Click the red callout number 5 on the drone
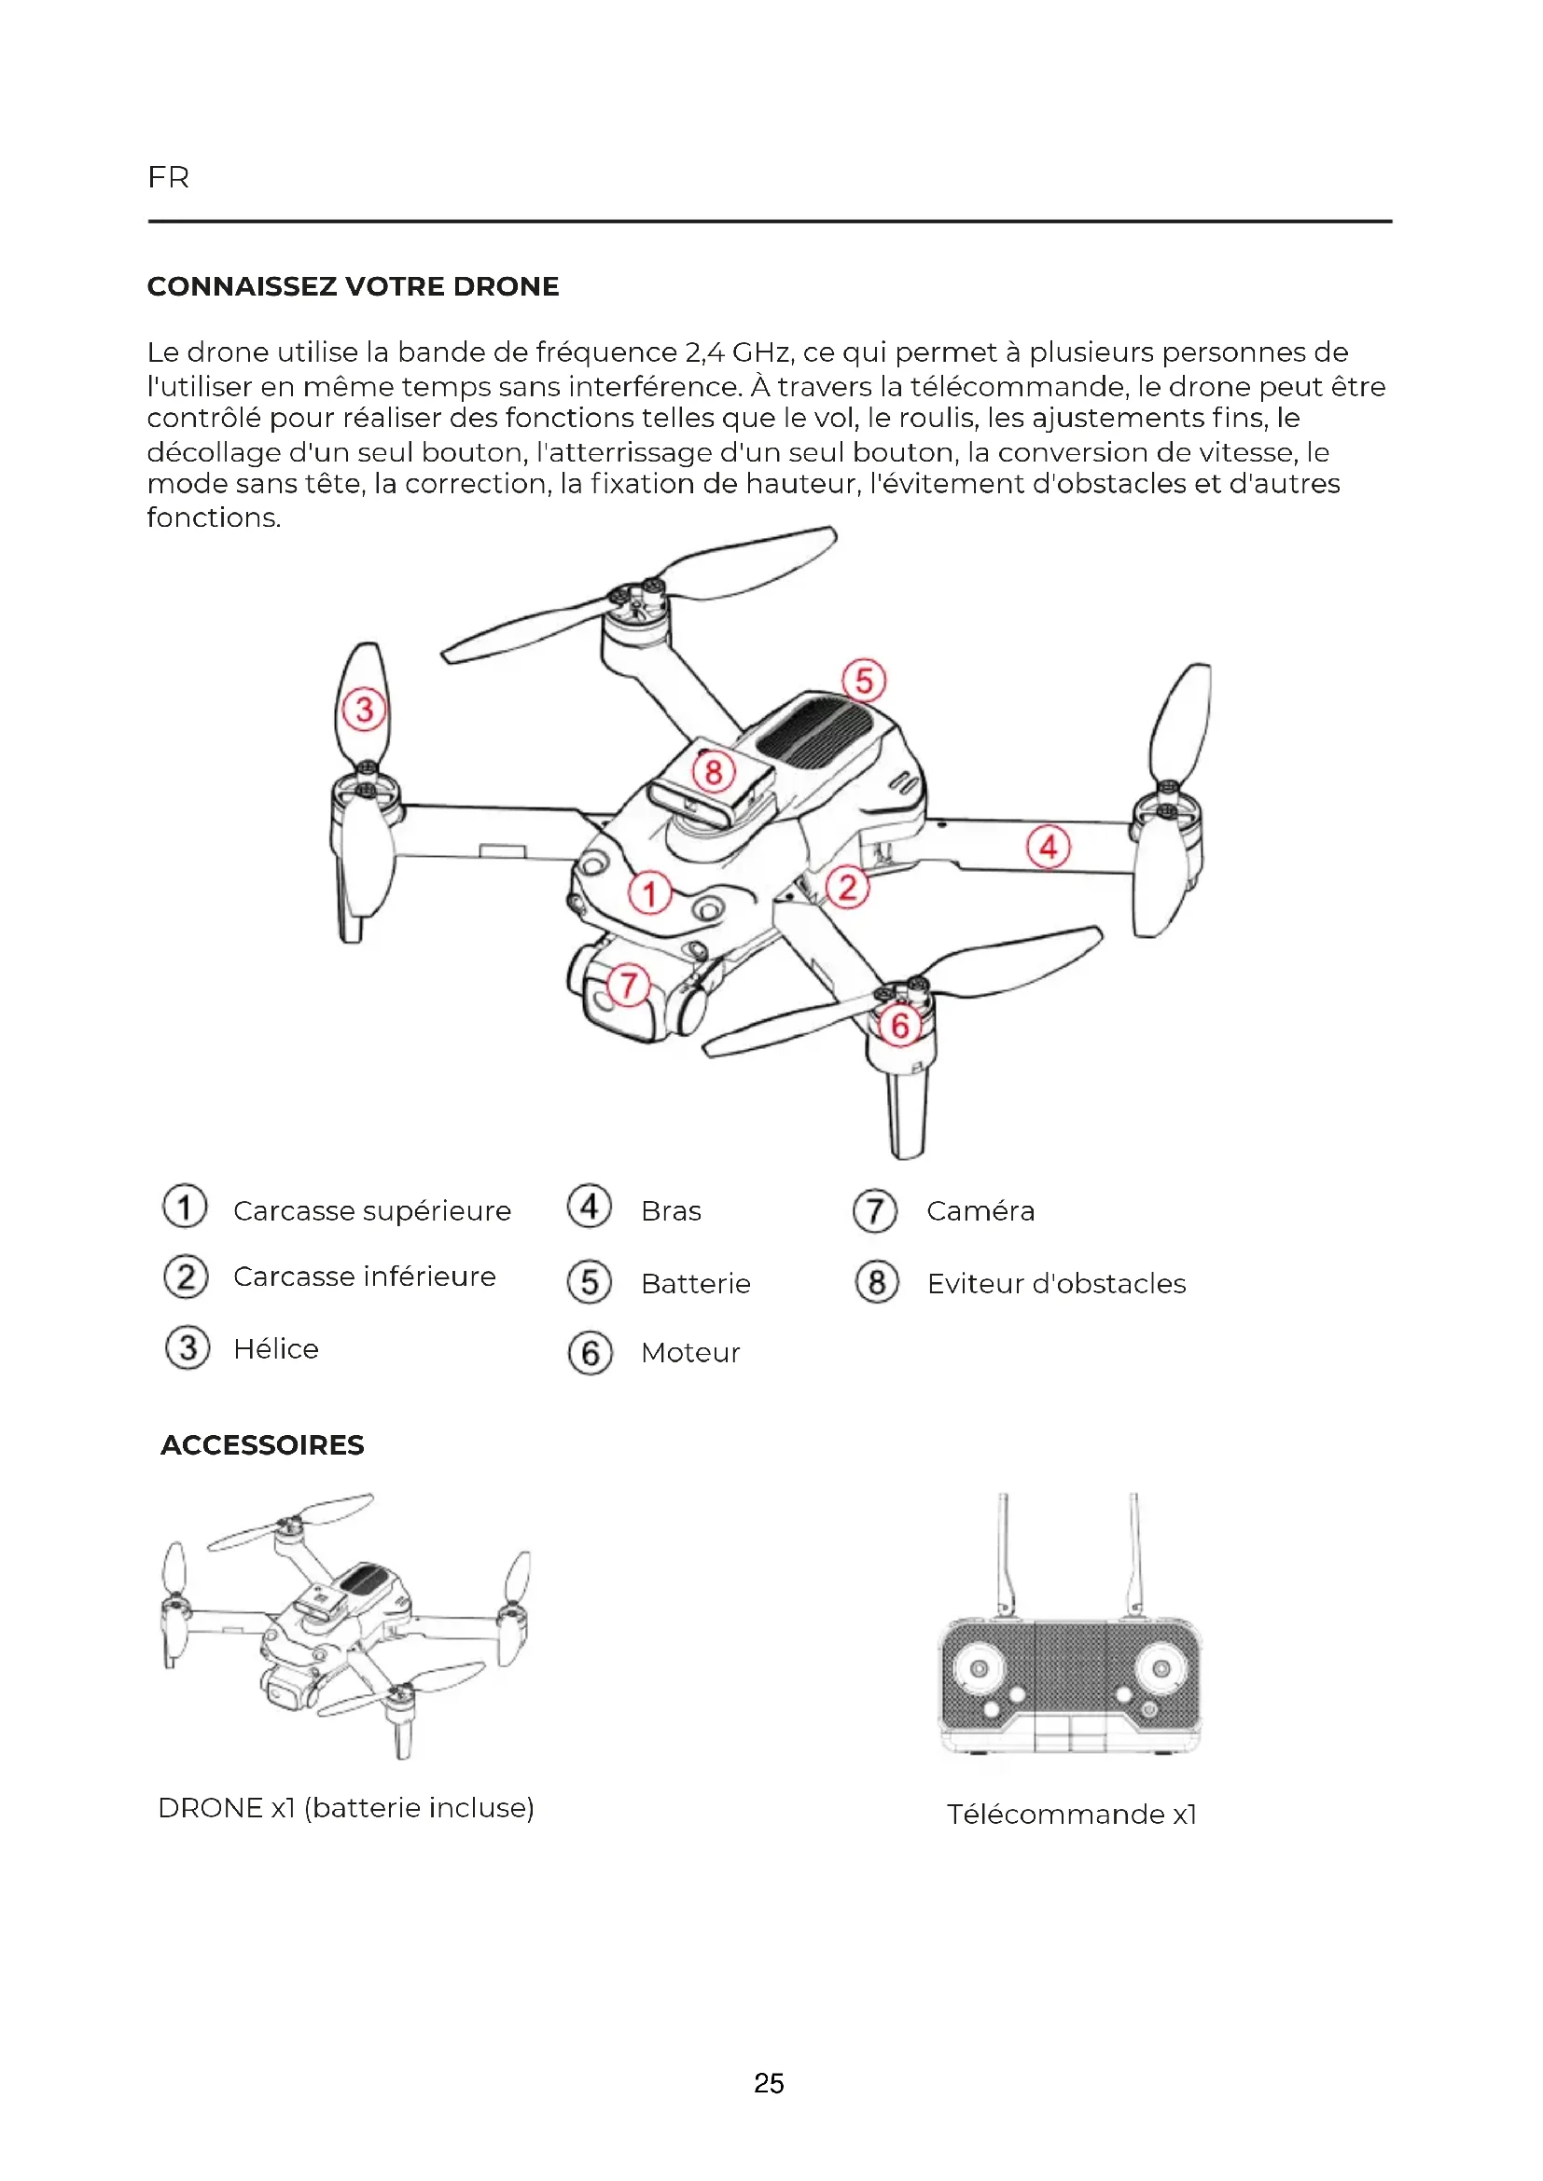click(864, 681)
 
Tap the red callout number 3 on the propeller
click(364, 710)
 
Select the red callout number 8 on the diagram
click(714, 771)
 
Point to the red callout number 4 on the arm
click(1048, 847)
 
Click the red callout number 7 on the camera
click(628, 985)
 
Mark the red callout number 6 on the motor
click(899, 1026)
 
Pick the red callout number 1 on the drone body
click(650, 894)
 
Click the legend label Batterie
click(696, 1283)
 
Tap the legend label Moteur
click(689, 1353)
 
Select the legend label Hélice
click(275, 1349)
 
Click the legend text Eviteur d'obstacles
click(1056, 1283)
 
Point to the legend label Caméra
click(980, 1211)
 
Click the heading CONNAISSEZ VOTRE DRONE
click(353, 286)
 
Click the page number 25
click(769, 2083)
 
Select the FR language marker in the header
click(168, 178)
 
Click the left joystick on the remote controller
click(979, 1669)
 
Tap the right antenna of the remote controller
click(1133, 1553)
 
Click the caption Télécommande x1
click(1071, 1815)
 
